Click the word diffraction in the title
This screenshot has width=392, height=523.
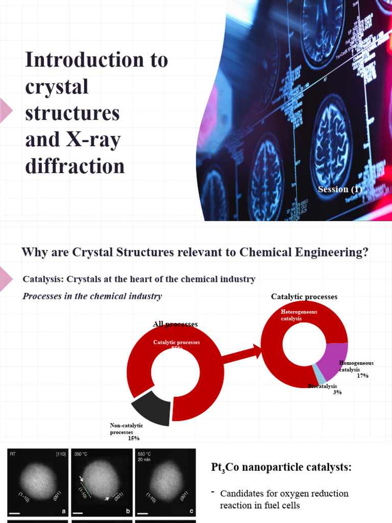coord(75,166)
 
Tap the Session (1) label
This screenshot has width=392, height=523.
coord(339,189)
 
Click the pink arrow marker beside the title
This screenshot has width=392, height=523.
coord(6,110)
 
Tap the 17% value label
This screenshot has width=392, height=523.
coord(363,376)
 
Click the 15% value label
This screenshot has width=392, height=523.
coord(134,438)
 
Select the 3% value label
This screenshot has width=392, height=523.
coord(337,392)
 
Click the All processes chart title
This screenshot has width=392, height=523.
coord(175,324)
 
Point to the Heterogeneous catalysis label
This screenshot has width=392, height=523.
coord(299,315)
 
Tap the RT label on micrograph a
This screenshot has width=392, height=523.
coord(13,453)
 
